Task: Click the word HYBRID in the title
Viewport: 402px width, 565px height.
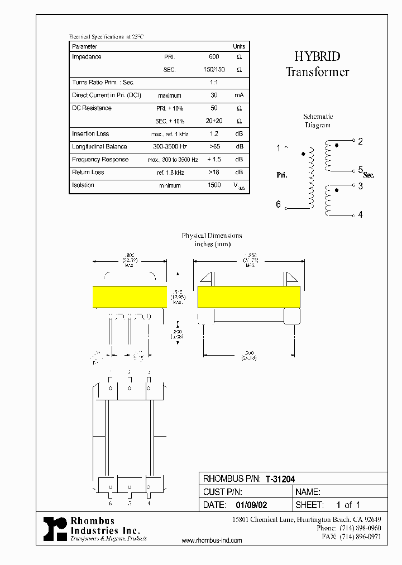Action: (x=317, y=56)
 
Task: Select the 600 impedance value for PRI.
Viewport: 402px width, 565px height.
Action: (x=214, y=57)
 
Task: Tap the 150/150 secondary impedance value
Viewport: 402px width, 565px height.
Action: (x=214, y=70)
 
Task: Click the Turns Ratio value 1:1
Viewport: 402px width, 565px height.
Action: (x=214, y=83)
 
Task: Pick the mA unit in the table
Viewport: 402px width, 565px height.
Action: (x=239, y=95)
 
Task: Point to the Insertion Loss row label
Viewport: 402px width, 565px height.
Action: (x=90, y=134)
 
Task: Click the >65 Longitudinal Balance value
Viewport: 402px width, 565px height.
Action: (x=214, y=147)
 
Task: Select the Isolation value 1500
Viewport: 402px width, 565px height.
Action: (x=214, y=185)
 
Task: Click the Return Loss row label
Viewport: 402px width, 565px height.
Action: (x=88, y=173)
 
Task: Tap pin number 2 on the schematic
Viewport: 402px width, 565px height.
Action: (x=360, y=142)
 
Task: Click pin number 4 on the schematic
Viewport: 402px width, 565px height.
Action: (x=360, y=214)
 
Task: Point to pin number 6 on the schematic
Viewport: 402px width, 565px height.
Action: (x=278, y=204)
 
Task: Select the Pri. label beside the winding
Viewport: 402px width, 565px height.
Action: (x=282, y=175)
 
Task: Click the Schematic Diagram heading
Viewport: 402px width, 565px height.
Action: (x=318, y=121)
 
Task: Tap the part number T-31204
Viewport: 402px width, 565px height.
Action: (x=280, y=479)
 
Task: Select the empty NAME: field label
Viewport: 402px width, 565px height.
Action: (x=307, y=492)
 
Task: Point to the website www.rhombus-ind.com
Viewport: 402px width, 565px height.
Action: (x=212, y=541)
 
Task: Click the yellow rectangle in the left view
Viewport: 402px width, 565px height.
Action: (x=130, y=296)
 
